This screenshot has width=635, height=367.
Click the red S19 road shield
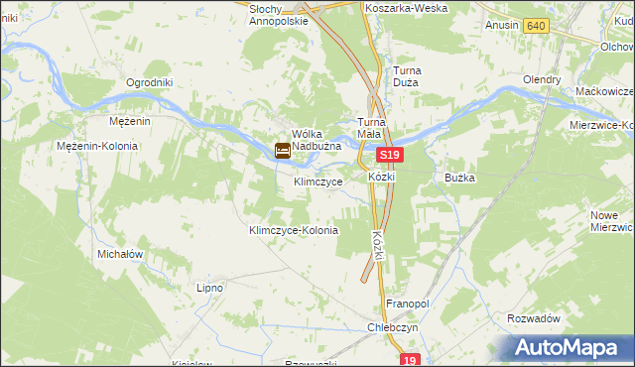[x=390, y=157]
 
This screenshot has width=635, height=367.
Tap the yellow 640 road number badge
[x=537, y=26]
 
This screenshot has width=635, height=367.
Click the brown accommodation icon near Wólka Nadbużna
[x=283, y=152]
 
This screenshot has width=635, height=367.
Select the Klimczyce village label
[x=318, y=183]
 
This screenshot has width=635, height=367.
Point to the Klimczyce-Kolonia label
[x=293, y=230]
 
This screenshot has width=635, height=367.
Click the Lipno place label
[x=209, y=288]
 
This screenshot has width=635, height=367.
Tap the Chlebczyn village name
[x=395, y=326]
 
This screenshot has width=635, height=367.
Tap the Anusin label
[x=502, y=26]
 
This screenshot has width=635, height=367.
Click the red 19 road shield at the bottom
[x=412, y=361]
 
